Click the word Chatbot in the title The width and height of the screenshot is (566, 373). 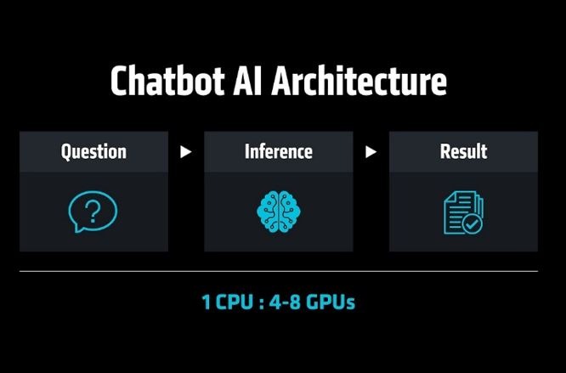click(x=167, y=81)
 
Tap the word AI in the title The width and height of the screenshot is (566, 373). click(x=247, y=81)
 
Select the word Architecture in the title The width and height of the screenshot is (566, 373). click(x=359, y=81)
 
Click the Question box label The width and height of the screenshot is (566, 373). click(x=93, y=151)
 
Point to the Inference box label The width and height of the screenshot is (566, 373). click(x=278, y=151)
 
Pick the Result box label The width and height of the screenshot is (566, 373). click(x=463, y=151)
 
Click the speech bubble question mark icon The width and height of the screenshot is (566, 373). click(x=93, y=212)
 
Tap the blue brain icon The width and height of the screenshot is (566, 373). click(x=278, y=212)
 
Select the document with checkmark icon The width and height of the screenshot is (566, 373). click(x=463, y=212)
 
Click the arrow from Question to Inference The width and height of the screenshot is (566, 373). click(x=185, y=152)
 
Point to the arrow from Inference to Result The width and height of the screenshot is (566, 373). click(x=371, y=152)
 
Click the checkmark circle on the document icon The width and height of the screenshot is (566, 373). click(x=473, y=224)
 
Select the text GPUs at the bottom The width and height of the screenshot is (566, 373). click(x=331, y=302)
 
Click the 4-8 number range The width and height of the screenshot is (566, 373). click(x=285, y=302)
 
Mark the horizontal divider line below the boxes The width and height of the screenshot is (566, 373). click(x=278, y=271)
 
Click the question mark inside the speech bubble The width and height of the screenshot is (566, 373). click(x=93, y=212)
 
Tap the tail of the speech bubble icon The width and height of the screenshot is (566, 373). click(x=77, y=229)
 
